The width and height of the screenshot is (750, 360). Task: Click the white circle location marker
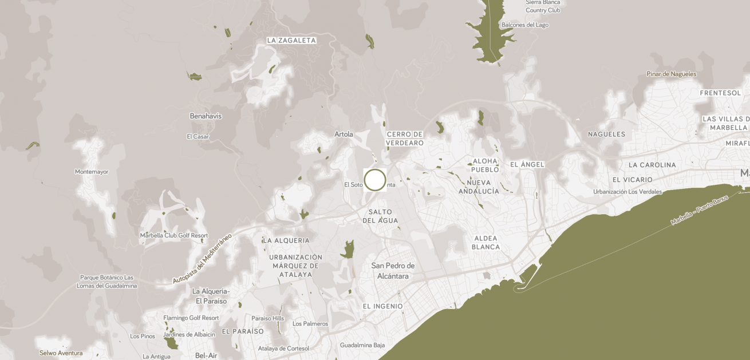(x=375, y=180)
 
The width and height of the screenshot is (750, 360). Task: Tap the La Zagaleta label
(x=291, y=41)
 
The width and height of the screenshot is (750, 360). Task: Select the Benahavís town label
(x=206, y=116)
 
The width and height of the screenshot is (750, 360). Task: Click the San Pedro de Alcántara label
(x=393, y=271)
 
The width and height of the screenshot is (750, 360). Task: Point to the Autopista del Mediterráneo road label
(x=202, y=259)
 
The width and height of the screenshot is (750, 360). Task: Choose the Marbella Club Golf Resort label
(x=174, y=236)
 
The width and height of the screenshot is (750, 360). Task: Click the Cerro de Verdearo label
(x=405, y=139)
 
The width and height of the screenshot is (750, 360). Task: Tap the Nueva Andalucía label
(x=479, y=187)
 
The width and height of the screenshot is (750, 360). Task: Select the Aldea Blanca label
(x=485, y=243)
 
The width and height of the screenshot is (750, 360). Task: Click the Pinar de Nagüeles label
(x=672, y=74)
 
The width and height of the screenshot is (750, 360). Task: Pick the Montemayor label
(x=92, y=172)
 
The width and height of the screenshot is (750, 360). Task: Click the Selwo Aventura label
(x=61, y=353)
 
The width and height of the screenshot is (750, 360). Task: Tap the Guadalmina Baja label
(x=362, y=345)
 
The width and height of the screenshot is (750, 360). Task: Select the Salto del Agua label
(x=380, y=216)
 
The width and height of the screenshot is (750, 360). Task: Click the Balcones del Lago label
(x=525, y=25)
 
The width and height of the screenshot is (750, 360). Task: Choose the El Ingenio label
(x=382, y=307)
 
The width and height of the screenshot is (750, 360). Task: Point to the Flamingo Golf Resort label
(x=191, y=318)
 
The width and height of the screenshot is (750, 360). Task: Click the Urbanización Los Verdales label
(x=627, y=192)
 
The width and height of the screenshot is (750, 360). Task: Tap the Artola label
(x=344, y=134)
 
